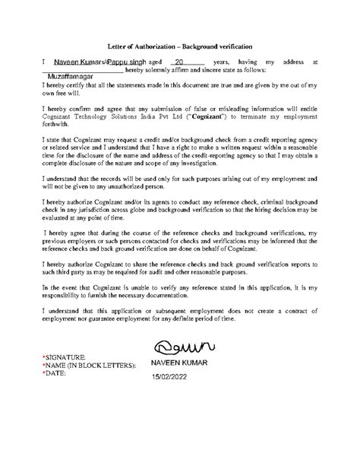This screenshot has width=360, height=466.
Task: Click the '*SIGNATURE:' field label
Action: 68,357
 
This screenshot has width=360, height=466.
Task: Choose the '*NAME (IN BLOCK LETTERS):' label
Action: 89,366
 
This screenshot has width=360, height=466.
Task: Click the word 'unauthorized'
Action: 147,183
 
